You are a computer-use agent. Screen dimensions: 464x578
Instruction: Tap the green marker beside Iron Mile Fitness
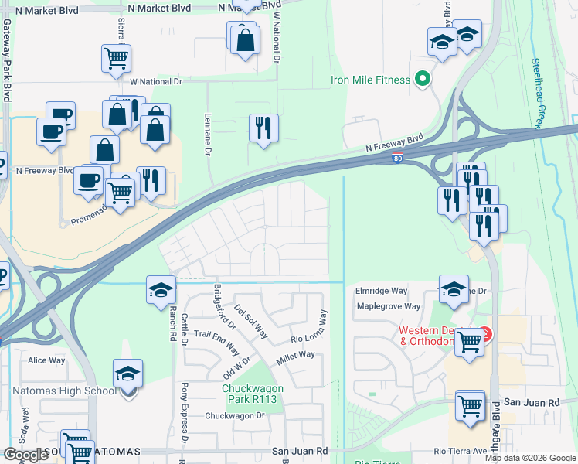(423, 78)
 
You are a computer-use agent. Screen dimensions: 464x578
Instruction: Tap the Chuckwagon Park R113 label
(253, 394)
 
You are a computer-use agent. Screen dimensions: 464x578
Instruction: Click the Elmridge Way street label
(381, 292)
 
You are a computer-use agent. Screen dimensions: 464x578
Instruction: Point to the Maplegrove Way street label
(388, 306)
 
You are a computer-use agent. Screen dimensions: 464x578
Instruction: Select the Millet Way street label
(295, 355)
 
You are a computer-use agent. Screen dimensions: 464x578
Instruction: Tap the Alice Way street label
(46, 360)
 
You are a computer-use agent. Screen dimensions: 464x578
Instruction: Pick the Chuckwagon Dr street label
(234, 415)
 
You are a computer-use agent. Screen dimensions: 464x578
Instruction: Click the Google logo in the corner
(26, 454)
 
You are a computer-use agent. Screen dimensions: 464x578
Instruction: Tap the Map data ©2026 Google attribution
(530, 458)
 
